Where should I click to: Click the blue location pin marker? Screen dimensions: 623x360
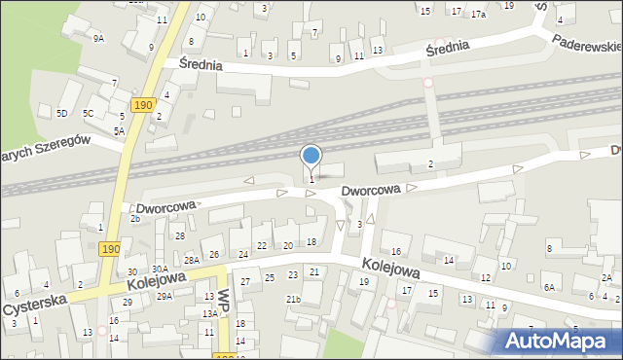pos(311,156)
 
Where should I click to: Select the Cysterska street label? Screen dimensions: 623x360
pos(36,306)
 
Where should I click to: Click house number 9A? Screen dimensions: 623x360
pos(98,38)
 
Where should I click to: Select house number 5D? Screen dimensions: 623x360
pos(61,114)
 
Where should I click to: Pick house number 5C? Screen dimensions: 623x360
pos(88,114)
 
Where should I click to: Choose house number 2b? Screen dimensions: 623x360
pos(135,219)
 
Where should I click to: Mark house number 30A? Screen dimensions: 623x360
pos(161,269)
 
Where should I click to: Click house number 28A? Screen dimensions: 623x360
pos(192,260)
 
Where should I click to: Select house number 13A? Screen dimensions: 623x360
pos(209,313)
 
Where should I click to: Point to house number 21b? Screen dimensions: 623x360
pos(293,299)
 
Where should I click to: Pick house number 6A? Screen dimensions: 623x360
pos(549,287)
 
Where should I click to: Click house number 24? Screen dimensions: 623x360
pos(243,255)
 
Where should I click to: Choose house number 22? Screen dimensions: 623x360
pos(261,246)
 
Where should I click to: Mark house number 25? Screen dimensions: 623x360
pos(270,278)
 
